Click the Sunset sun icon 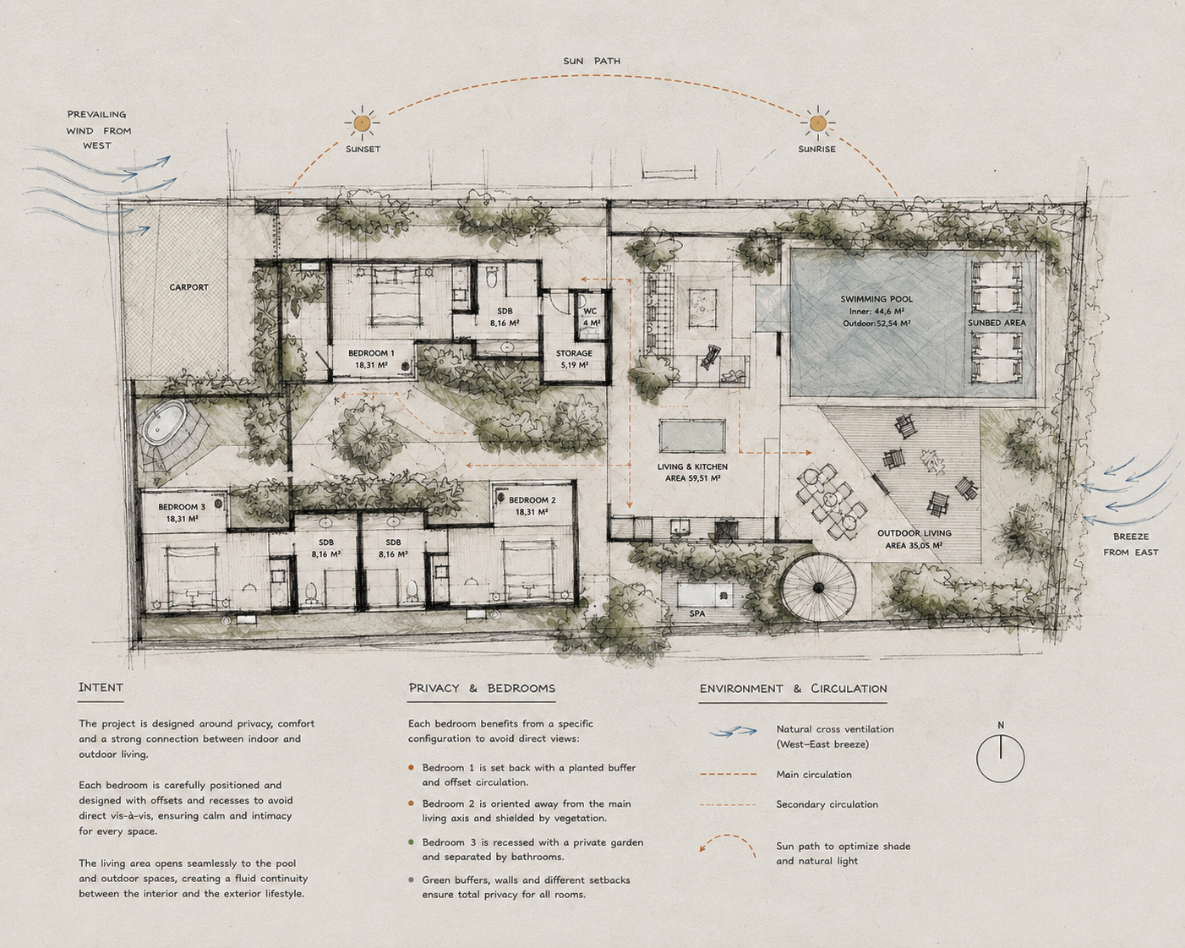[x=362, y=123]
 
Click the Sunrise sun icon [x=817, y=123]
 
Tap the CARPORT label [x=188, y=287]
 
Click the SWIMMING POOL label [x=876, y=299]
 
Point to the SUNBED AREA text [x=997, y=323]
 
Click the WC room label [x=590, y=311]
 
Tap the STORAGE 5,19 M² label [x=575, y=359]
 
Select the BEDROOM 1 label [x=371, y=353]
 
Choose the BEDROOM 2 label [x=532, y=500]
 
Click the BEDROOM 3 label [x=182, y=507]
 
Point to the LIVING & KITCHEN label [x=692, y=467]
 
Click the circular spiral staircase [x=818, y=588]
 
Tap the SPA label [x=696, y=613]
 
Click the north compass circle [x=1001, y=759]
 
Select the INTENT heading [x=101, y=688]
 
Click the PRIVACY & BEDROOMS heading [x=482, y=688]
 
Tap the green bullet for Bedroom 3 [x=411, y=842]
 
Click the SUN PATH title [x=592, y=61]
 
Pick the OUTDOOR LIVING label [x=914, y=533]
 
